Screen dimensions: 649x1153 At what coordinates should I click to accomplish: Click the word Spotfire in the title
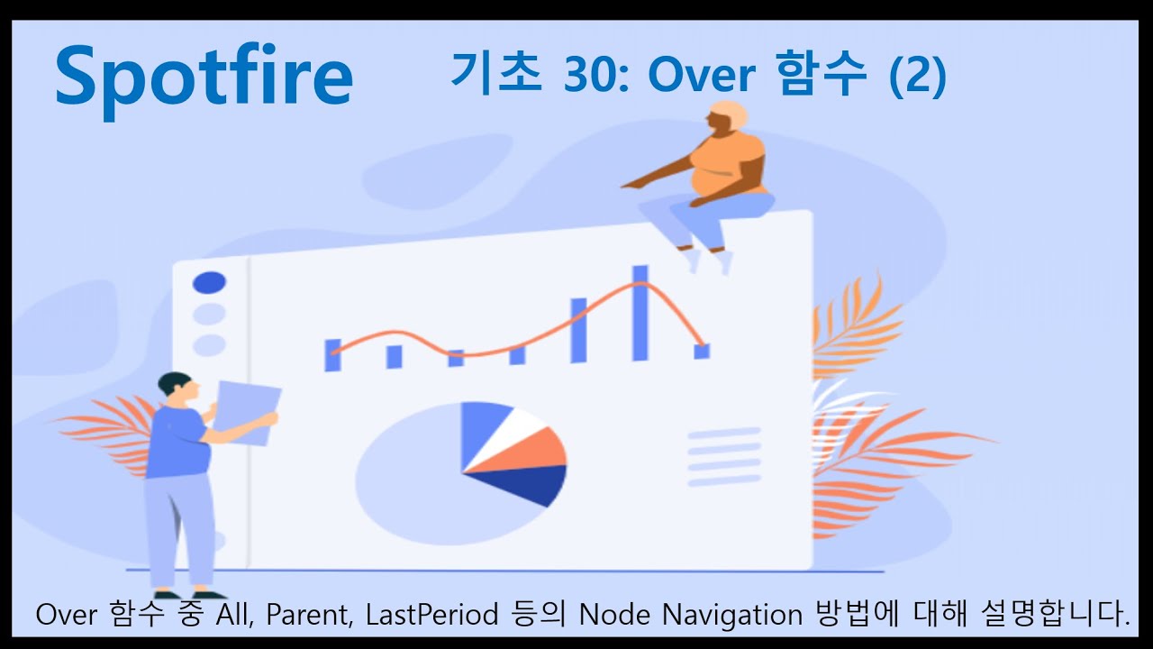204,78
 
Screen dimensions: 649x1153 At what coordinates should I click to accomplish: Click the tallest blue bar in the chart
640,313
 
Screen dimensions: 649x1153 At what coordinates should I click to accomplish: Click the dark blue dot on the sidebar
209,283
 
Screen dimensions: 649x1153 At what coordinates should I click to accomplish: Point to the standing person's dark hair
173,383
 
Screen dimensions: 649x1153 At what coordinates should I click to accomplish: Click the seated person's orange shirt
730,167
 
